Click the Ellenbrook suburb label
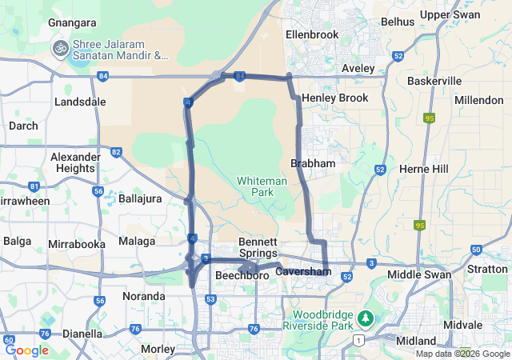[313, 34]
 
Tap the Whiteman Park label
[262, 186]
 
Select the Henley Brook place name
[334, 98]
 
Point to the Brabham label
[313, 162]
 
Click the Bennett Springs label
[258, 247]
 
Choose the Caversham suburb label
[303, 272]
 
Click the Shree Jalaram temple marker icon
[59, 49]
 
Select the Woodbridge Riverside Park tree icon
[366, 319]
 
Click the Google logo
[26, 350]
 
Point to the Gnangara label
[72, 23]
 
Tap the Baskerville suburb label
[434, 82]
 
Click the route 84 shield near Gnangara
[103, 76]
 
